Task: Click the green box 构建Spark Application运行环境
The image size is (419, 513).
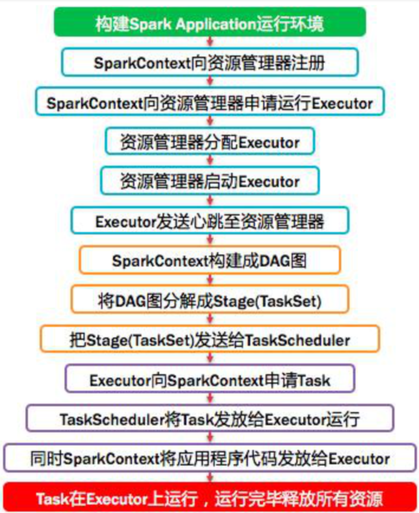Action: [209, 23]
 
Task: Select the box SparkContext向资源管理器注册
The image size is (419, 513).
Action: [209, 63]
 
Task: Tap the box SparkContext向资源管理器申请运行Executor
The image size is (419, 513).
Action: [209, 103]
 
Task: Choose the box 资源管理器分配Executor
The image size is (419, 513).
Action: [209, 142]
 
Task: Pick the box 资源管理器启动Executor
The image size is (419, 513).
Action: [209, 181]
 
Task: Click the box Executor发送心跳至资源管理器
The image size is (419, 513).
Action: [209, 220]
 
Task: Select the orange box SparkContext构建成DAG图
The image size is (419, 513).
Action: [209, 260]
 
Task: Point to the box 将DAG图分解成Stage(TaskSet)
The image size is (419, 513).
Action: [209, 300]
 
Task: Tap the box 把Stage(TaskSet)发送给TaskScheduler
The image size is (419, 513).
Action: [209, 339]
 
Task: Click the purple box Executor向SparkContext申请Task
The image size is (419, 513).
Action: [209, 379]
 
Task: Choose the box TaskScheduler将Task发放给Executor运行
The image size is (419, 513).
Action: [209, 419]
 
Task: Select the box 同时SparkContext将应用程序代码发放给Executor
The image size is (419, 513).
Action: [209, 458]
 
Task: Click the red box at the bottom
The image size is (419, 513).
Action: [209, 499]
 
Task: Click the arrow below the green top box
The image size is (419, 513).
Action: [209, 42]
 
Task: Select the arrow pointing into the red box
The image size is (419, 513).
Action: [209, 478]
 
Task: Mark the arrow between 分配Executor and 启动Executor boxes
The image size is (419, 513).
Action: [209, 161]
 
